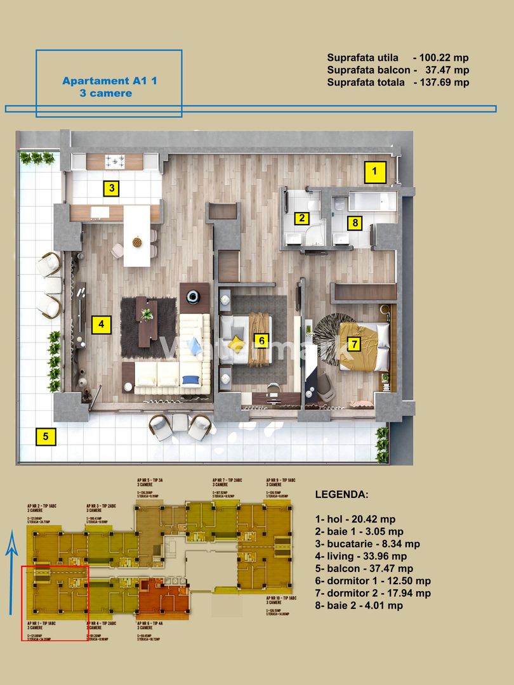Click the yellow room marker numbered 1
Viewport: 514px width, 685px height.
(374, 170)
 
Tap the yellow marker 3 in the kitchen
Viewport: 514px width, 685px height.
(111, 188)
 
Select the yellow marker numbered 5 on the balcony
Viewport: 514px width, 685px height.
(45, 436)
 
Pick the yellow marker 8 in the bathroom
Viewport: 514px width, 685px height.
(355, 223)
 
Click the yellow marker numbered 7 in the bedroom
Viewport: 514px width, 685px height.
(353, 344)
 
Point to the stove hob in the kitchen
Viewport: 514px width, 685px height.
(115, 161)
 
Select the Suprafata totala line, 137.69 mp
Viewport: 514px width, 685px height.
(398, 82)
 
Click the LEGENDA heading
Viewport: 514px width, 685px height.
(341, 494)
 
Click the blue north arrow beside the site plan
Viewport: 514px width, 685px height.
(11, 574)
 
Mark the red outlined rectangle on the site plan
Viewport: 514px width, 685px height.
(55, 603)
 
